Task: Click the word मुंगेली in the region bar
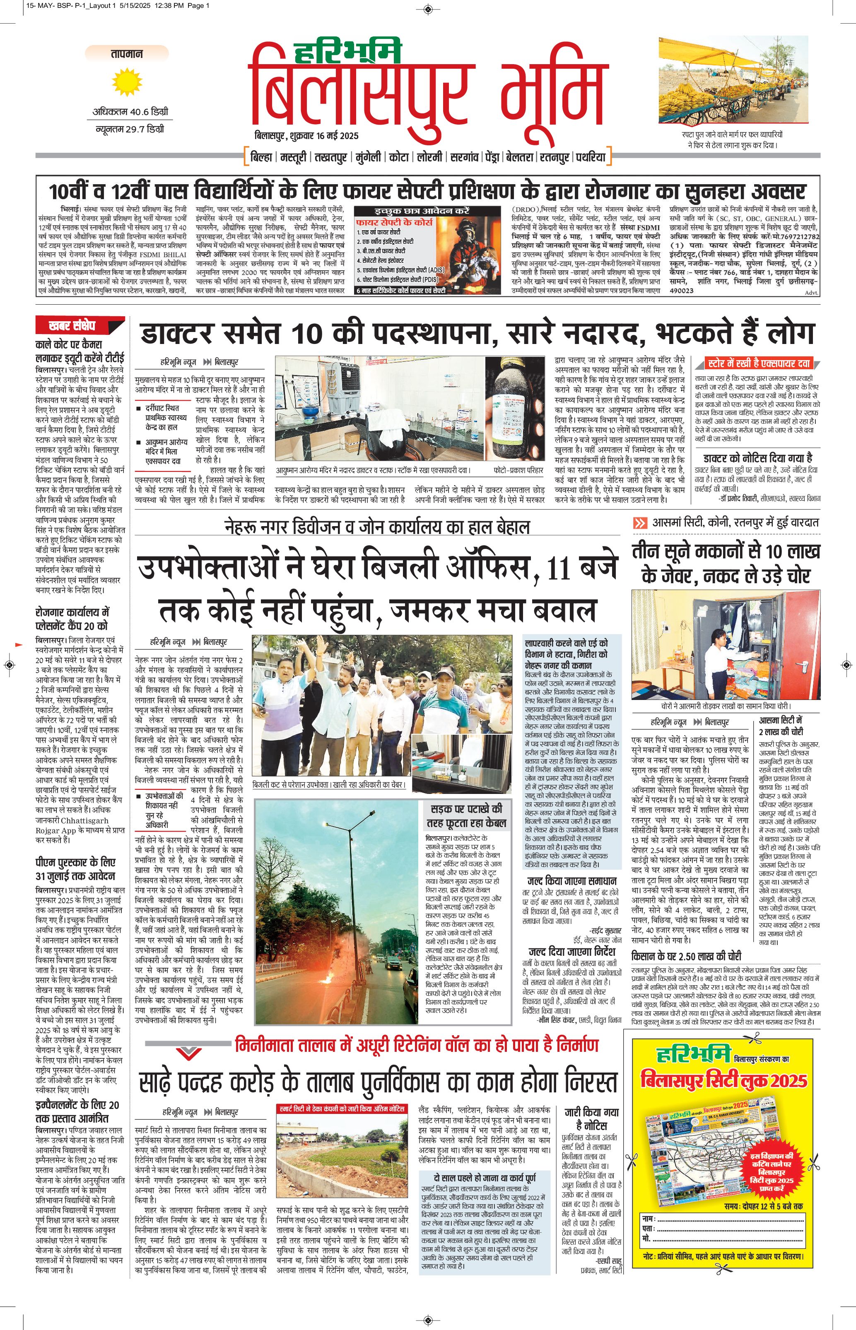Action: (368, 157)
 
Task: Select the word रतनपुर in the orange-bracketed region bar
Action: (554, 157)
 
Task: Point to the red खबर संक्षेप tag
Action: (80, 325)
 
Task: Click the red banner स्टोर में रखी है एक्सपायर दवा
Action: (758, 363)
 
